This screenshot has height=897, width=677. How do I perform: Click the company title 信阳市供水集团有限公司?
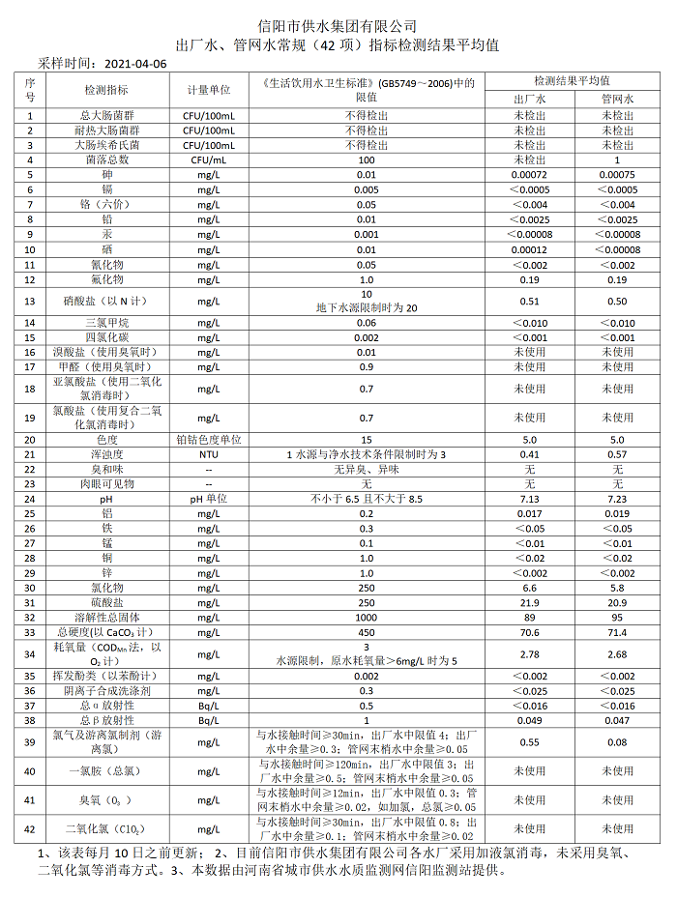pos(338,25)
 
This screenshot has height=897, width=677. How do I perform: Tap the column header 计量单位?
pos(208,90)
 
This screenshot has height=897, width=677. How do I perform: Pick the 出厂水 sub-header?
pos(529,99)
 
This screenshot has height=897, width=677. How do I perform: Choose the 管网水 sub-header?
pos(617,99)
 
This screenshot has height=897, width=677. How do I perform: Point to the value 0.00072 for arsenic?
pos(529,175)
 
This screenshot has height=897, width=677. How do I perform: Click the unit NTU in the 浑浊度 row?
pos(208,454)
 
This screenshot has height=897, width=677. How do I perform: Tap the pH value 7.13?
pos(529,499)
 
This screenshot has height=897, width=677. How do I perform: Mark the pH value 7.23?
pos(617,499)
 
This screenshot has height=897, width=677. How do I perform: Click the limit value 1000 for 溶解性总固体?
pos(367,617)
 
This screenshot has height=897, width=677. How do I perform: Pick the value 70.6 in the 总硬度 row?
pos(529,632)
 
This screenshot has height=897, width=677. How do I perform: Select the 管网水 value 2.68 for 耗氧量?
pos(617,654)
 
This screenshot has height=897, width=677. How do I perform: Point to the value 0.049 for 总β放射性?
pos(529,720)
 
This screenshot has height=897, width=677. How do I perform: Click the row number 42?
pos(30,828)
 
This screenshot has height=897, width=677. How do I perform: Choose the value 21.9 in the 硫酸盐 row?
pos(529,602)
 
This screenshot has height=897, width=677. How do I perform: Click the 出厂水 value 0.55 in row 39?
pos(529,742)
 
